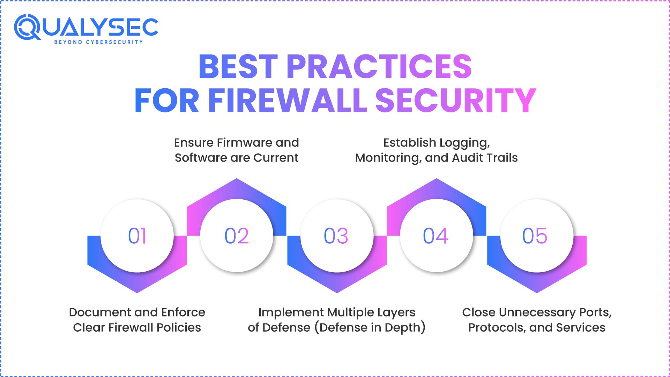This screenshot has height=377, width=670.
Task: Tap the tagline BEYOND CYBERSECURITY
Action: point(99,42)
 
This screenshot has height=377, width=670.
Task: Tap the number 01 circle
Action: point(137,236)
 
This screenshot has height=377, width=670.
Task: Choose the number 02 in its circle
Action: point(237,236)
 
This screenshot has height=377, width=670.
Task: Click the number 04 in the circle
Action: point(435,236)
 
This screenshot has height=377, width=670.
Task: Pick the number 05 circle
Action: point(537,236)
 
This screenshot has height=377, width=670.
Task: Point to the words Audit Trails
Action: point(485,158)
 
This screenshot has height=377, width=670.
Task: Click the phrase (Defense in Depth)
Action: point(370,328)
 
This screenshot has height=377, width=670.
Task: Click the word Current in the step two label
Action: point(276,158)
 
